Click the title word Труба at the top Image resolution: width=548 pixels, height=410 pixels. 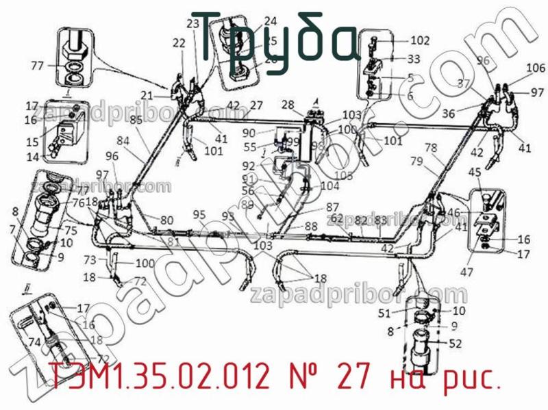coord(274,36)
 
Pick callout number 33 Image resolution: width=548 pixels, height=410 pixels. coord(414,59)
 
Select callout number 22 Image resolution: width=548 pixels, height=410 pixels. coord(179,43)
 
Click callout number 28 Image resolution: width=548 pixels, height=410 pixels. coord(287,105)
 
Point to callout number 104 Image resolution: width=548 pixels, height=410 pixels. coord(329,185)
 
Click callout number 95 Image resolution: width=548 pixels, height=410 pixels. coord(199,215)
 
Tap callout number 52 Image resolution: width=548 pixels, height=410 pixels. coord(456,344)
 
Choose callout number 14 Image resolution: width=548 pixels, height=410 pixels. coord(34,157)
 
